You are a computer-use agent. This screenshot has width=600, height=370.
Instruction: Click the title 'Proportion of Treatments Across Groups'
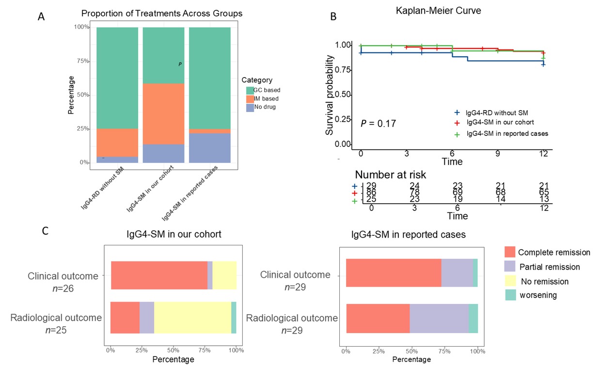(x=161, y=14)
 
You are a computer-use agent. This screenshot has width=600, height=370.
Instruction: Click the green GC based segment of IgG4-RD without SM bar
(x=117, y=78)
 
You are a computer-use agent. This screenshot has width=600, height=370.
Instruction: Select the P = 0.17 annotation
(x=379, y=124)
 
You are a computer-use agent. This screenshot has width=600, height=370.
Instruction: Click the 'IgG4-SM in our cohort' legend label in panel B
(x=500, y=122)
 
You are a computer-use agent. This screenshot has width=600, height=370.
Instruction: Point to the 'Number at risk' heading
(x=391, y=175)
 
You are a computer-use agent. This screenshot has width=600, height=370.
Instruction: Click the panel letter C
(x=45, y=231)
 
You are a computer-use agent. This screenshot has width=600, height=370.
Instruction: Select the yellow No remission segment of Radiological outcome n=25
(x=192, y=318)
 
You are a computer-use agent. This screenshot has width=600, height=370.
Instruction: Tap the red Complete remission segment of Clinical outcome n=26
(x=159, y=275)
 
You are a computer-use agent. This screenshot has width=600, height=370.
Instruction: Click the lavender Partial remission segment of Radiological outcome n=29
(x=439, y=318)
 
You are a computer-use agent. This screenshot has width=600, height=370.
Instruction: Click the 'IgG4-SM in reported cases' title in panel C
(x=409, y=235)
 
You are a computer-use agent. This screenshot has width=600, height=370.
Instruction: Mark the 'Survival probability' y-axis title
(x=329, y=95)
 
